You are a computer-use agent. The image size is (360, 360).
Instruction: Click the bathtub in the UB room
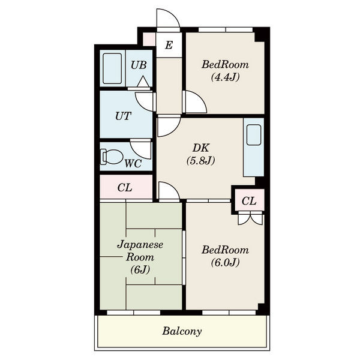coord(112,68)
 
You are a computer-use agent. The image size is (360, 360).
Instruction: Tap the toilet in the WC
coord(111,157)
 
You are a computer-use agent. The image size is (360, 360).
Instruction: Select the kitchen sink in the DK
coord(253,135)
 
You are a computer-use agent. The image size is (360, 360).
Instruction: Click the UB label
coord(139,65)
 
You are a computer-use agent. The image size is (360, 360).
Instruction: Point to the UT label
coord(123,116)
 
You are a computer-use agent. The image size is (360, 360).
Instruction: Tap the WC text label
coord(133,163)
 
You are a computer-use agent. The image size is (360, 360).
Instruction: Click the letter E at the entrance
coord(169,45)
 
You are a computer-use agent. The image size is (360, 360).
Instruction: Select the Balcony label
coord(182,331)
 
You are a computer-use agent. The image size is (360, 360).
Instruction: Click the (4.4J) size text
coord(225,77)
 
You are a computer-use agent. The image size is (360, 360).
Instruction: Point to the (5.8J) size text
coord(200,160)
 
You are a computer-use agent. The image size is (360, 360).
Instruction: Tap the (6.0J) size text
coord(225,262)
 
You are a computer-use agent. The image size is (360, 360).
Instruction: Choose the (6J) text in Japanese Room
coord(140,269)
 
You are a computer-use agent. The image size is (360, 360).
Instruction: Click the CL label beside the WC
coord(125,188)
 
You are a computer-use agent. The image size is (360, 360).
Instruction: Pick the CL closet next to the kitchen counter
coord(249,201)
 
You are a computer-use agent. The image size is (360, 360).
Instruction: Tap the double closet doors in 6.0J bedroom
coord(250,218)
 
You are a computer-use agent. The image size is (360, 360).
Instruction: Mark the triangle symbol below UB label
coord(143,81)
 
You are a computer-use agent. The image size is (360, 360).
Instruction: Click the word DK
coord(200,148)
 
